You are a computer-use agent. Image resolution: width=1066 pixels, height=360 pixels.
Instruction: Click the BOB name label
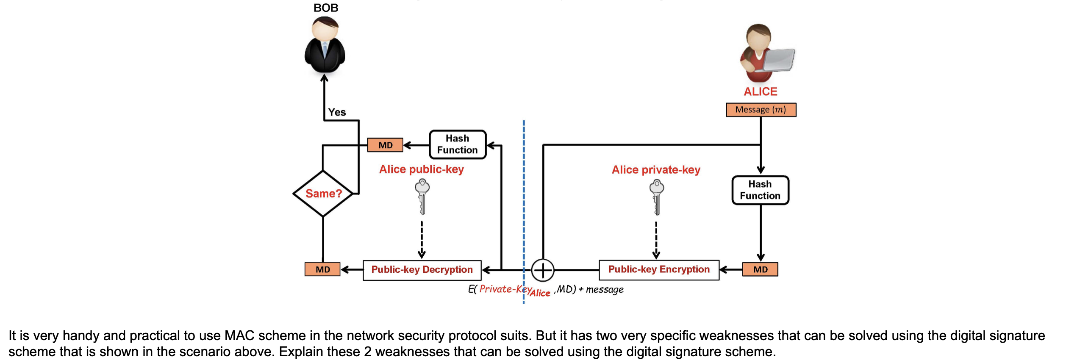pyautogui.click(x=325, y=8)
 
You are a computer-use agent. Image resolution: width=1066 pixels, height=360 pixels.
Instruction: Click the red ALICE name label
pyautogui.click(x=760, y=91)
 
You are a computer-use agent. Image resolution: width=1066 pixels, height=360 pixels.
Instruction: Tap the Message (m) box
pyautogui.click(x=761, y=110)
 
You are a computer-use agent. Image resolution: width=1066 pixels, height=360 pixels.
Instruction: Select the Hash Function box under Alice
pyautogui.click(x=760, y=190)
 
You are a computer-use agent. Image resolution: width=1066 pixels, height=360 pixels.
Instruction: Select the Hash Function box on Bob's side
pyautogui.click(x=457, y=144)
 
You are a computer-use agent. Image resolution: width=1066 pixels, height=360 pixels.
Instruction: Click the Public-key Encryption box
pyautogui.click(x=658, y=270)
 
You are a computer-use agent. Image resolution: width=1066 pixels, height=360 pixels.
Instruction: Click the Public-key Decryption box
pyautogui.click(x=422, y=270)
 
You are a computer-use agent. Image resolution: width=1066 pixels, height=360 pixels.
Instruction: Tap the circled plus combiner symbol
pyautogui.click(x=542, y=270)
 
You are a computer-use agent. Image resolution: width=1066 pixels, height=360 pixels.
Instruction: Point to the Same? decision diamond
pyautogui.click(x=323, y=194)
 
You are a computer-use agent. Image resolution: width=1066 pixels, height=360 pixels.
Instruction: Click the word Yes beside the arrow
pyautogui.click(x=337, y=112)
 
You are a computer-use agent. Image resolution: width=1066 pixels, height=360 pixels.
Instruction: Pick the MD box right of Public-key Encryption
pyautogui.click(x=760, y=269)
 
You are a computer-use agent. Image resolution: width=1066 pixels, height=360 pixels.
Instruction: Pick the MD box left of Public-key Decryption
pyautogui.click(x=322, y=269)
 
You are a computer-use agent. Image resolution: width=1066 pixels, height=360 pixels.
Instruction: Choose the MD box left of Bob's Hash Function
pyautogui.click(x=385, y=145)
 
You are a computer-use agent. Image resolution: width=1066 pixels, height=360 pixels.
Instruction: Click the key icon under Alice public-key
pyautogui.click(x=422, y=196)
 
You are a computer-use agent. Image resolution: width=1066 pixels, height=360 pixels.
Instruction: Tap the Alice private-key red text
pyautogui.click(x=655, y=170)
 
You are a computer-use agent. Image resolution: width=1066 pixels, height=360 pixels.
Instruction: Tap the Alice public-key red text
pyautogui.click(x=421, y=169)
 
